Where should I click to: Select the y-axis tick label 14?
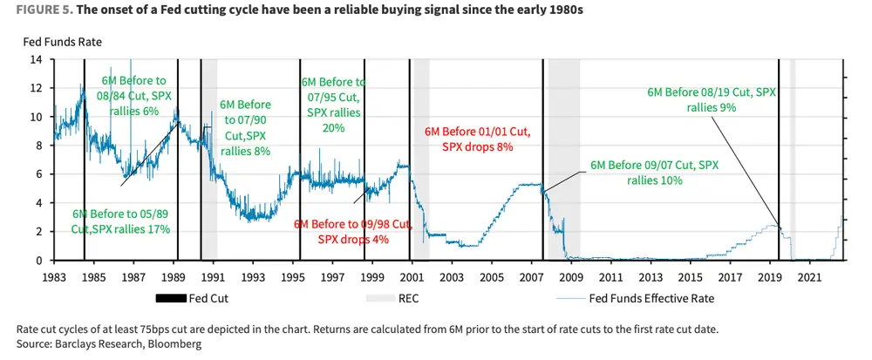[37, 60]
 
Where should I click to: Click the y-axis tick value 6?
[39, 174]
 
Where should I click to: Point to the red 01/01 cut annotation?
[477, 139]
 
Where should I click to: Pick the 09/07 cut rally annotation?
[655, 173]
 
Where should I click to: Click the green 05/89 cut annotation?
[121, 221]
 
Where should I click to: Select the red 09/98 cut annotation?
[352, 231]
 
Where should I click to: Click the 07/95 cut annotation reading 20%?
[333, 105]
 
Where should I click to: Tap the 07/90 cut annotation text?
[244, 127]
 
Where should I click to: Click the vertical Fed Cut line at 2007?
[543, 157]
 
